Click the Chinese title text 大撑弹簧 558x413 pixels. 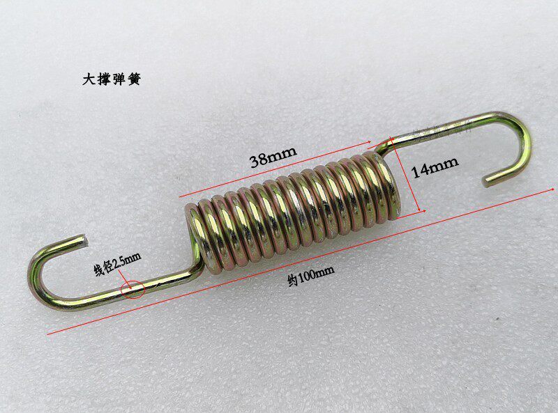click(x=113, y=79)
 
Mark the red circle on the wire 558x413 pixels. click(x=133, y=288)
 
